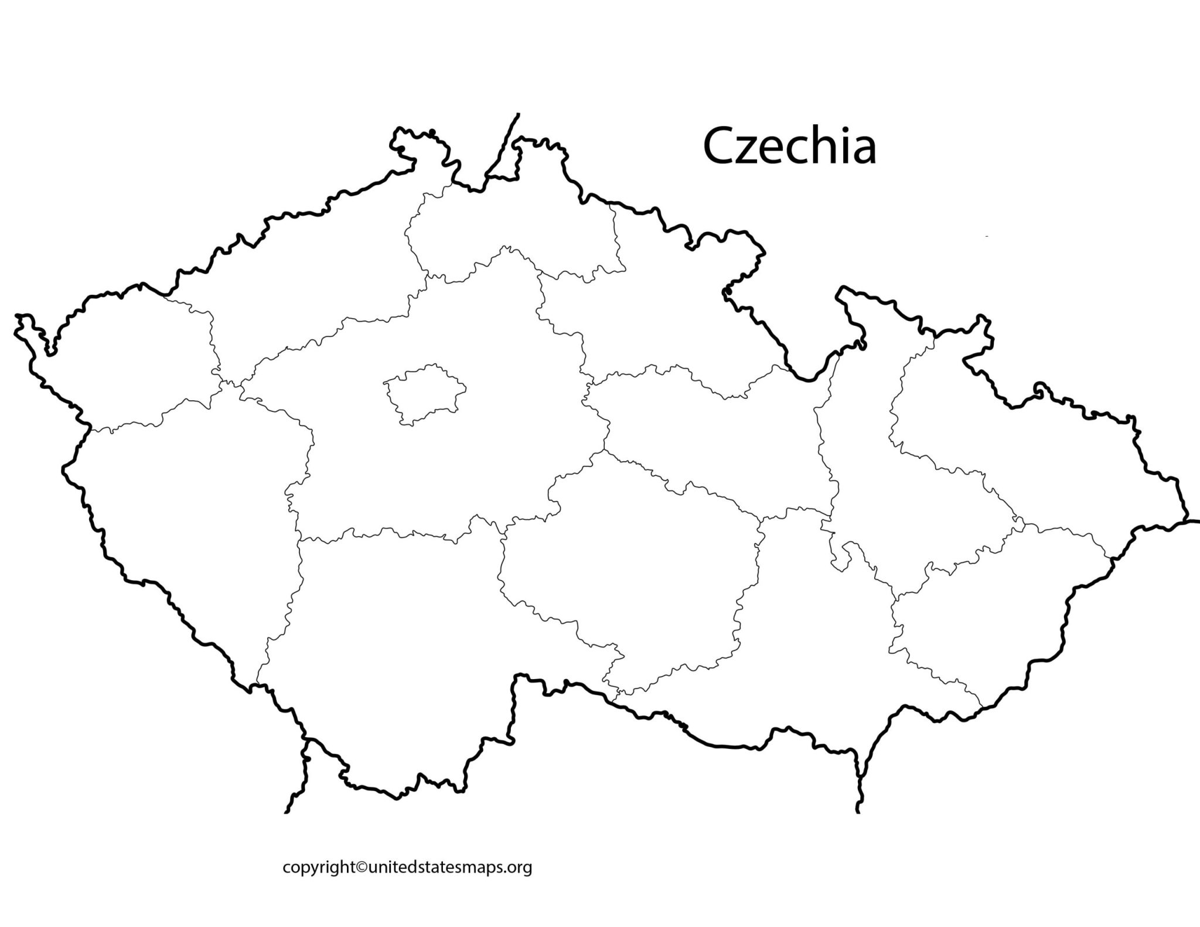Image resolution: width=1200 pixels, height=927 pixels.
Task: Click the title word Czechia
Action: [x=789, y=147]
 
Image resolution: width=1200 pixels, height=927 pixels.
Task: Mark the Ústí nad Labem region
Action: [x=305, y=275]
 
